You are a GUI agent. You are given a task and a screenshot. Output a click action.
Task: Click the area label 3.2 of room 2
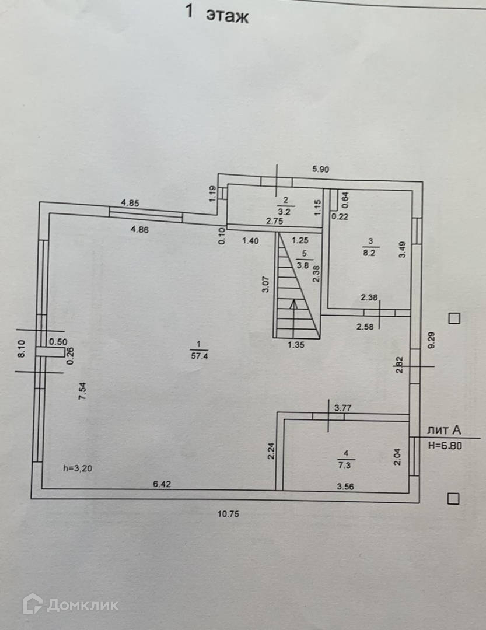click(286, 212)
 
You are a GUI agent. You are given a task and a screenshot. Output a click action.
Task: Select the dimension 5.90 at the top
click(321, 169)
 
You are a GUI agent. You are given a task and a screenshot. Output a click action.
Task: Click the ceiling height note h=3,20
click(78, 467)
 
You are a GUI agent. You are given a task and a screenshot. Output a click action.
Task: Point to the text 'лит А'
click(444, 430)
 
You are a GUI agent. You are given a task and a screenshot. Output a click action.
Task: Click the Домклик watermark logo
click(70, 604)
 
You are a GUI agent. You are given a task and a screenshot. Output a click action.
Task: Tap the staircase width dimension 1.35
click(297, 344)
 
